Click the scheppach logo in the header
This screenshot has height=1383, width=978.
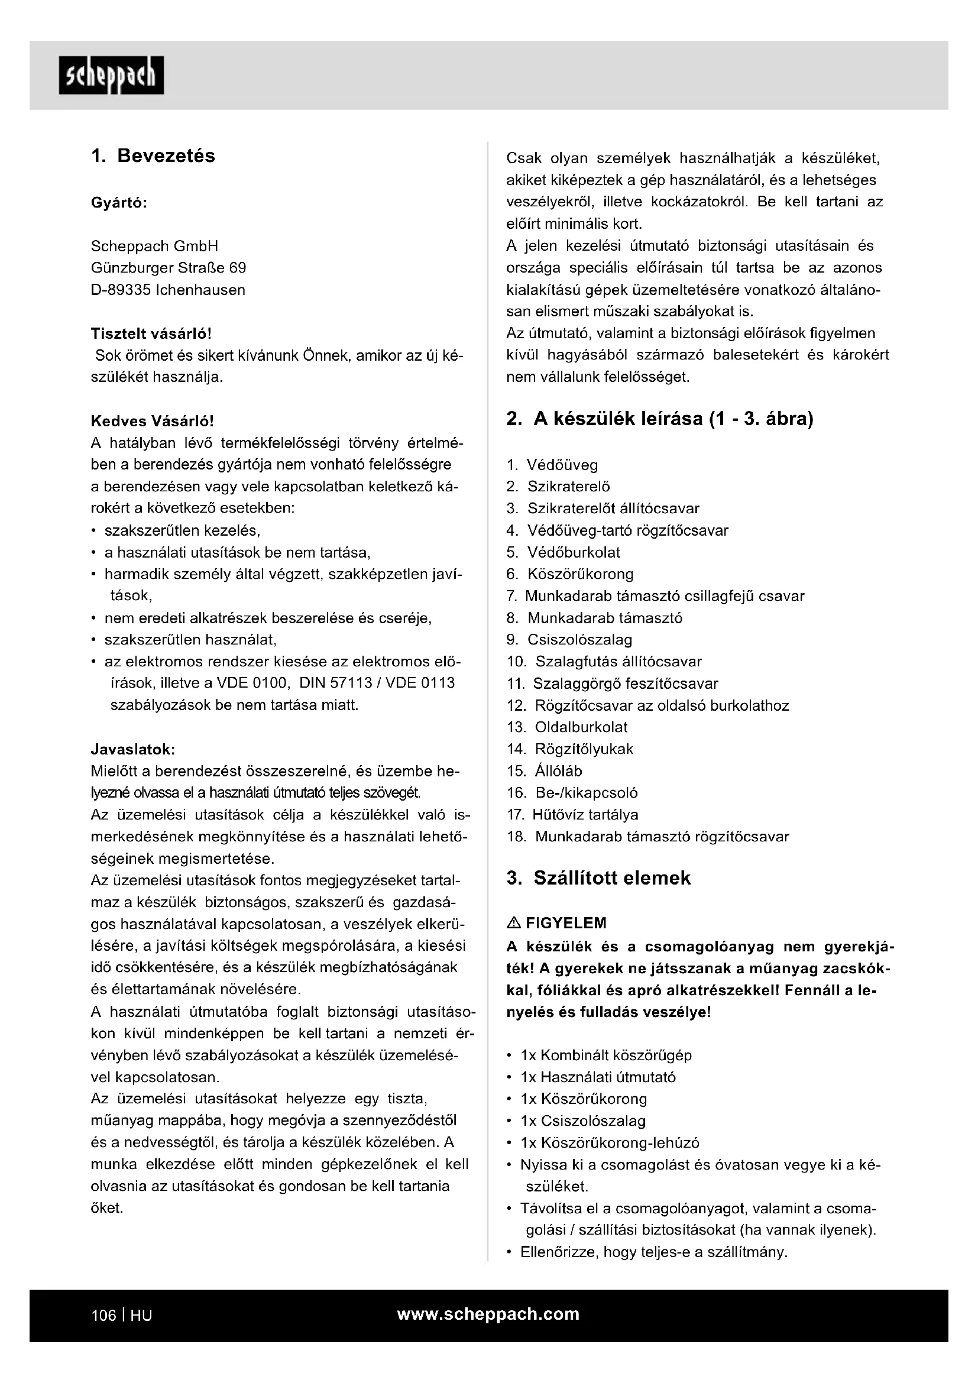(111, 75)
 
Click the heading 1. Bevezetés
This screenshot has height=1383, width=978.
(153, 156)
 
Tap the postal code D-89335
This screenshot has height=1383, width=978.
(121, 290)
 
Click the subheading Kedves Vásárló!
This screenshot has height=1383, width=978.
(153, 420)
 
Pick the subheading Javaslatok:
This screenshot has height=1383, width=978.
(133, 749)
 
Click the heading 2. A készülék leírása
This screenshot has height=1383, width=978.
(659, 419)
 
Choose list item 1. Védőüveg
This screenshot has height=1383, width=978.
(552, 465)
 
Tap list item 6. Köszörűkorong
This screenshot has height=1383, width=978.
(569, 574)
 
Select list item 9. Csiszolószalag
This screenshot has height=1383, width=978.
(569, 640)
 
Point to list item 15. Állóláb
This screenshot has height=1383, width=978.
(545, 771)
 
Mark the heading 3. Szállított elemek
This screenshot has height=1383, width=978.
(598, 877)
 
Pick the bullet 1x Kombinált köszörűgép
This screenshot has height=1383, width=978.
(606, 1055)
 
